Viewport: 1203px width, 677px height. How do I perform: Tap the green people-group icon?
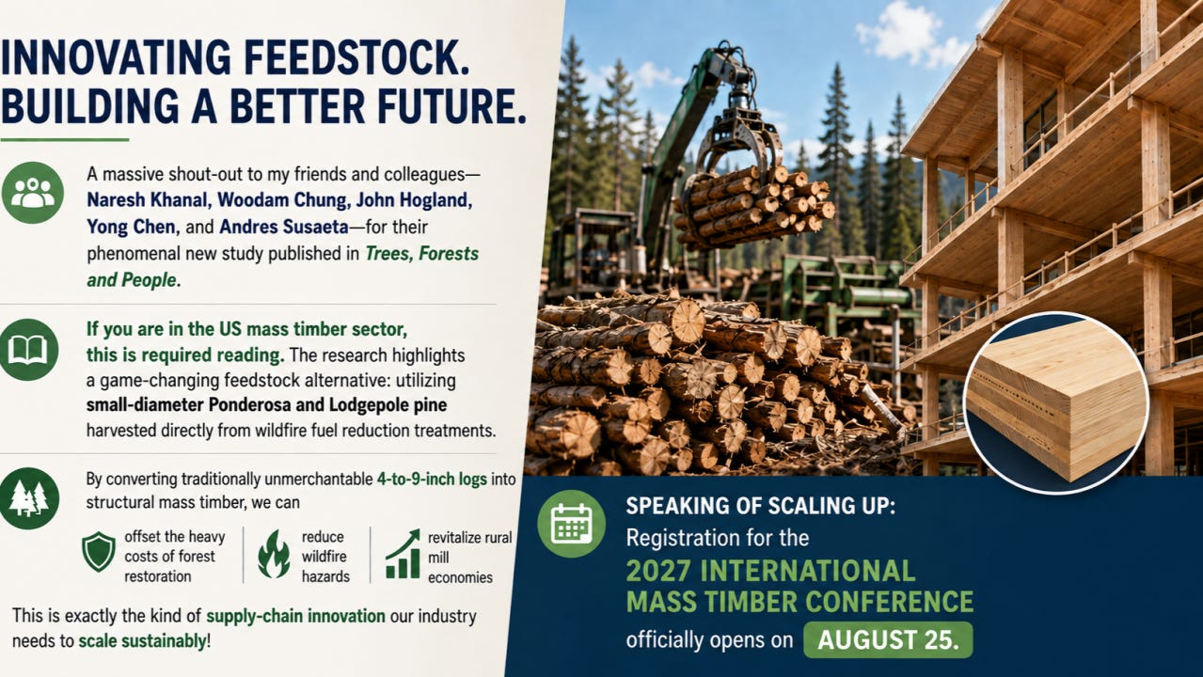click(33, 193)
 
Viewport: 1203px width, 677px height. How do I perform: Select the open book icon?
click(28, 350)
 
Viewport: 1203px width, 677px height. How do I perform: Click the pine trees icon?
click(28, 498)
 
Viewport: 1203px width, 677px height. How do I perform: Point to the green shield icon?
click(98, 551)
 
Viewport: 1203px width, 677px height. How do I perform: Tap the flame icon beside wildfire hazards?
click(274, 555)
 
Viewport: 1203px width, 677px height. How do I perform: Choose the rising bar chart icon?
click(403, 554)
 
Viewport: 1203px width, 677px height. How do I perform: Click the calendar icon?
click(572, 524)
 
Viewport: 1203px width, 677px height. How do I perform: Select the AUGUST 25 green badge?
click(888, 640)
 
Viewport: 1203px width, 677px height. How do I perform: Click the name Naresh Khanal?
click(147, 200)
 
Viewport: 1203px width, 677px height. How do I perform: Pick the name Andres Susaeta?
click(284, 228)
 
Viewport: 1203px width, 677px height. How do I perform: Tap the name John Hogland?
click(414, 200)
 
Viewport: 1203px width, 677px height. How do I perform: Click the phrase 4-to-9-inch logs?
click(433, 479)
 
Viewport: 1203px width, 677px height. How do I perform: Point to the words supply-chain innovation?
click(296, 616)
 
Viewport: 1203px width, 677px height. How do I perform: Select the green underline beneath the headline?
click(65, 139)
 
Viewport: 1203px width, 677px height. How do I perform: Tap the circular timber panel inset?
click(1056, 402)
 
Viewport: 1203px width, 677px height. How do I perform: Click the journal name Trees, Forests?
click(421, 254)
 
